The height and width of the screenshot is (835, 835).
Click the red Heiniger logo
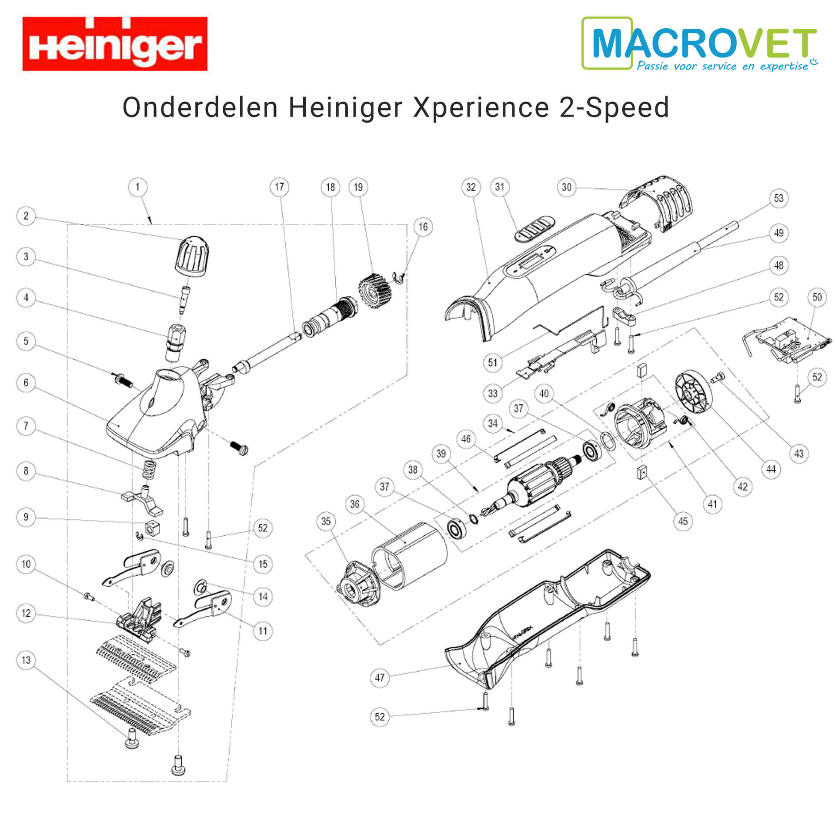[x=115, y=43]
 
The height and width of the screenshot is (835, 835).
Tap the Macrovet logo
[x=699, y=43]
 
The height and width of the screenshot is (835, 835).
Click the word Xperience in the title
[x=481, y=108]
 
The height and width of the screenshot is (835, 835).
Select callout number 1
[x=138, y=187]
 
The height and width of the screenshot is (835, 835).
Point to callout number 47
[x=380, y=677]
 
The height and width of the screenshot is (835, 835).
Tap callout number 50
[x=817, y=297]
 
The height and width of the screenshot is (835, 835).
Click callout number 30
[x=566, y=187]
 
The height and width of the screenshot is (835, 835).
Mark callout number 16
[x=423, y=227]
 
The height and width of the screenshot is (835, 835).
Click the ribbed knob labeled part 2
[x=192, y=257]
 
